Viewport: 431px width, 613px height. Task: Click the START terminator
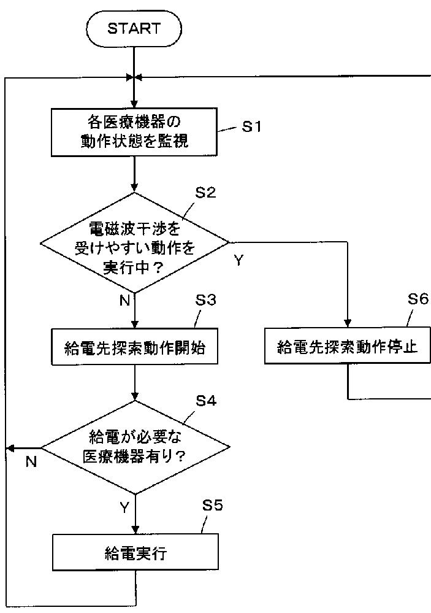[134, 29]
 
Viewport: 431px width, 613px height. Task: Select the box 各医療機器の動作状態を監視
[134, 132]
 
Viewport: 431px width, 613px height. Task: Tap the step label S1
[251, 126]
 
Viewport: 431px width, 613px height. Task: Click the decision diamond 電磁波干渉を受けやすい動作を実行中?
[134, 242]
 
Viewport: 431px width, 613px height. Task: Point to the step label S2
[205, 192]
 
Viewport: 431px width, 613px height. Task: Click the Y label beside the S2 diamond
[238, 260]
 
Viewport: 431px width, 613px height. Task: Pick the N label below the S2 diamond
[124, 300]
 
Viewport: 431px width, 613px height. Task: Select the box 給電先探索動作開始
[134, 347]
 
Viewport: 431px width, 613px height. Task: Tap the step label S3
[205, 300]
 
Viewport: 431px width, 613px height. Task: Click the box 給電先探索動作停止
[348, 346]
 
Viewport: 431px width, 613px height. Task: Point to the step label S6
[418, 299]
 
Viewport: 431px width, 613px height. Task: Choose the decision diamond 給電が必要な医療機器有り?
[135, 447]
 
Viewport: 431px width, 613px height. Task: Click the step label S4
[206, 401]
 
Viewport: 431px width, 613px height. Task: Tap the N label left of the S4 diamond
[31, 461]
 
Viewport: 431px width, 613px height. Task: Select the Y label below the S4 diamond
[124, 507]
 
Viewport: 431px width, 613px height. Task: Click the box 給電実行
[135, 552]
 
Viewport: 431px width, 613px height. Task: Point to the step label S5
[212, 505]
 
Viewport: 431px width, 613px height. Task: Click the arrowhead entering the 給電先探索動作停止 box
[348, 323]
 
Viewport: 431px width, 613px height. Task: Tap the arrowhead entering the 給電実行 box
[135, 530]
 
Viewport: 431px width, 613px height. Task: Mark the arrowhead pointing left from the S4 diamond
[11, 447]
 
